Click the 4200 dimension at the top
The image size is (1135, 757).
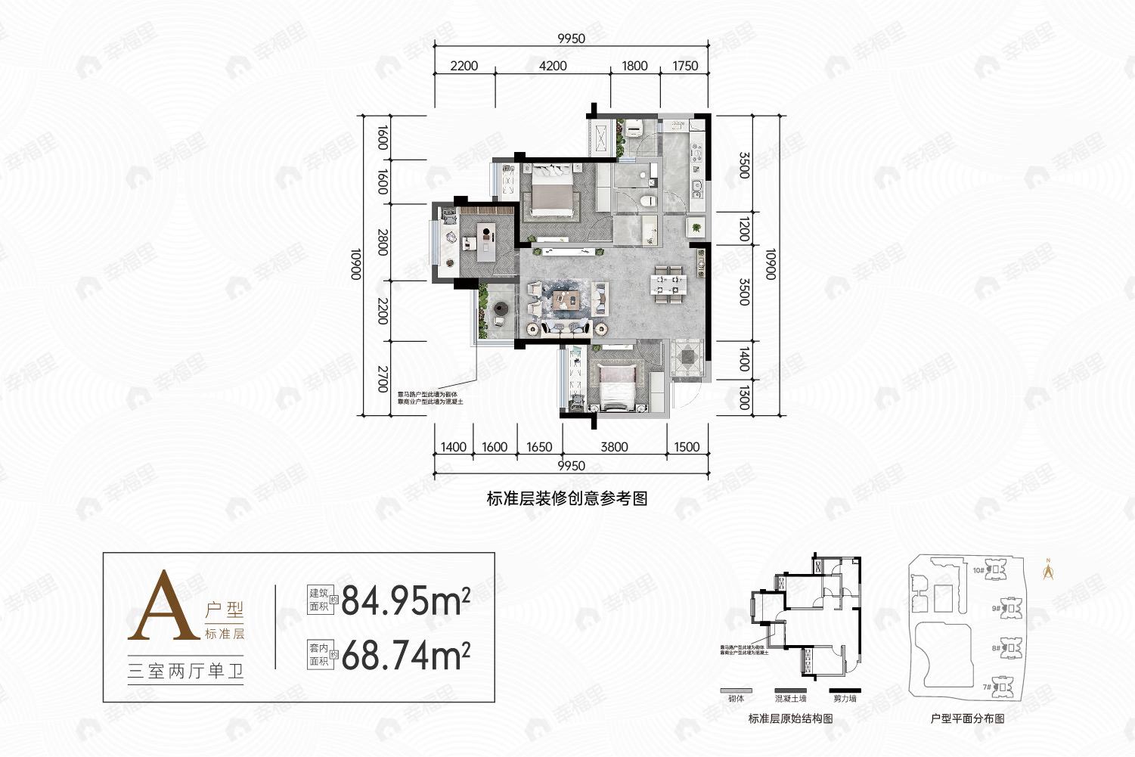point(553,66)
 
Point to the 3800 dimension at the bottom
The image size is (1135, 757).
point(614,447)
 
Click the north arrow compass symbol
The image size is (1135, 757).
point(1048,569)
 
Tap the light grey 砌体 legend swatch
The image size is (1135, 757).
point(734,690)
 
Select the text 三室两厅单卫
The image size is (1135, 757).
point(186,671)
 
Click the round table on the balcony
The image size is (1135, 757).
point(500,310)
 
